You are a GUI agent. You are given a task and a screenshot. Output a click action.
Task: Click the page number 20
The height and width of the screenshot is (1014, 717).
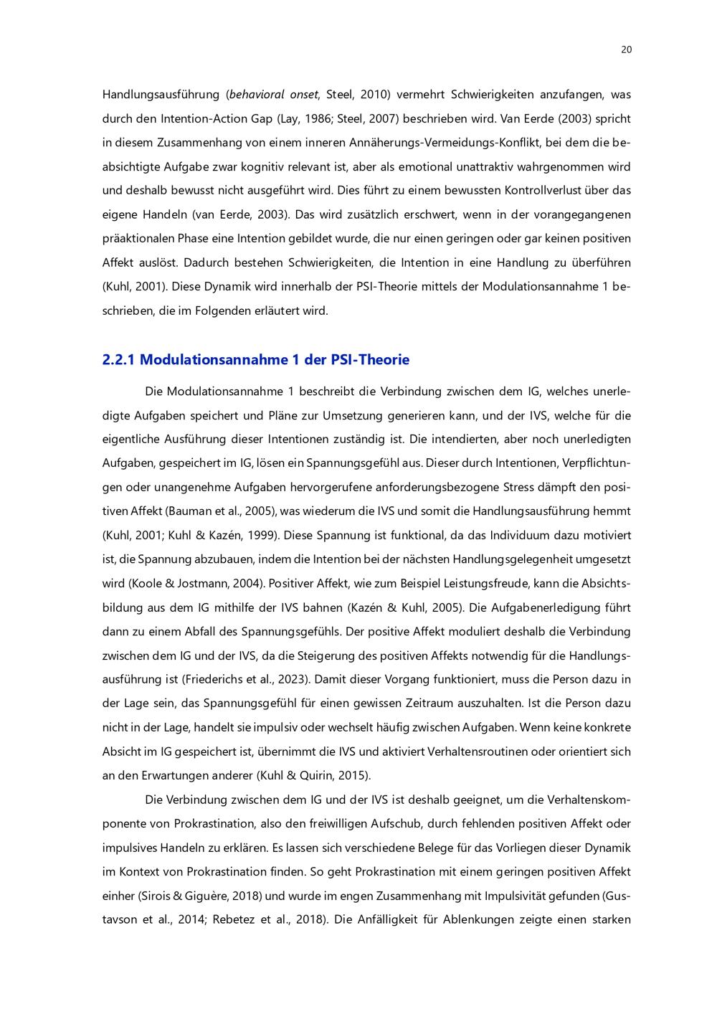[625, 49]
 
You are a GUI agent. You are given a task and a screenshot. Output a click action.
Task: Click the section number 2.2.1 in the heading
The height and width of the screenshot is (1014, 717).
[118, 360]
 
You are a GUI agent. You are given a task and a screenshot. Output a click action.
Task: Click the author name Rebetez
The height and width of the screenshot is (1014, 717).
[234, 920]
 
